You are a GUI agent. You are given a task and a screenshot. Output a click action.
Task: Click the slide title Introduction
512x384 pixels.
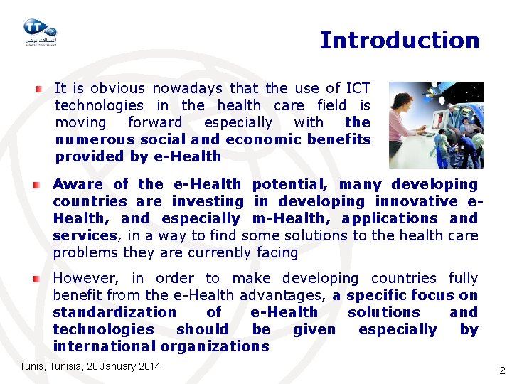pos(399,41)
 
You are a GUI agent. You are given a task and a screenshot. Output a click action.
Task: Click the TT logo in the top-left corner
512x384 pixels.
pos(40,31)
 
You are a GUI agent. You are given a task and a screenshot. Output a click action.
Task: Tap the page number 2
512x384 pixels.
pos(502,370)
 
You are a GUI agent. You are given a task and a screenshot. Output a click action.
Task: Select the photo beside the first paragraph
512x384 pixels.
pos(435,124)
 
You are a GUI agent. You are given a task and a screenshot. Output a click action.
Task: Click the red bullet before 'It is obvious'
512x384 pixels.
pos(39,90)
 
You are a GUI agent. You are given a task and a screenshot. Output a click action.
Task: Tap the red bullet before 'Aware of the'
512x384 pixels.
pos(36,185)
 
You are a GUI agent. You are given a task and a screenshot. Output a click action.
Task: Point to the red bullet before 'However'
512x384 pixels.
pos(36,279)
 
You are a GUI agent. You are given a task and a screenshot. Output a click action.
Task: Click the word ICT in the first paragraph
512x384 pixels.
pos(358,88)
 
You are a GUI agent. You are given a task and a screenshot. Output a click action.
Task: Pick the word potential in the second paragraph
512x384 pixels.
pos(284,184)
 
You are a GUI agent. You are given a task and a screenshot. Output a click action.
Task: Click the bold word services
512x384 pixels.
pos(85,235)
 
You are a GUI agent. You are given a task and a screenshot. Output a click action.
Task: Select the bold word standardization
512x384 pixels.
pos(114,312)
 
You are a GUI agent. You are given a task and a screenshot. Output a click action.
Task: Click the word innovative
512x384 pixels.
pos(417,201)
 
